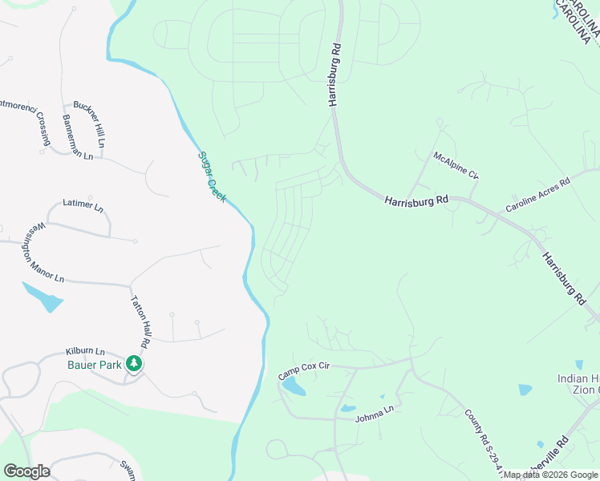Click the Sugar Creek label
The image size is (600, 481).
pos(212,176)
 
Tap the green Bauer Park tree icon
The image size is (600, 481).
pos(136,365)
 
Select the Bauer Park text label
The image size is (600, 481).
pos(94,365)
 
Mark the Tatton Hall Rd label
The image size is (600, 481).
pos(140,321)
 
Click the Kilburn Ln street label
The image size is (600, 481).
pos(85,352)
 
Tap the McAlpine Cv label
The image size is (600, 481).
pos(455,164)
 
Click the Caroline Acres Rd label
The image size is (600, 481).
pos(537,195)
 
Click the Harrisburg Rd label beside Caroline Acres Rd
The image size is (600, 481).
pos(415,200)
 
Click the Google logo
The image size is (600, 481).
pos(26,471)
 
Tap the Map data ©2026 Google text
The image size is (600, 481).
pos(551,475)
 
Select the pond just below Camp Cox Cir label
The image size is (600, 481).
pos(294,389)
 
